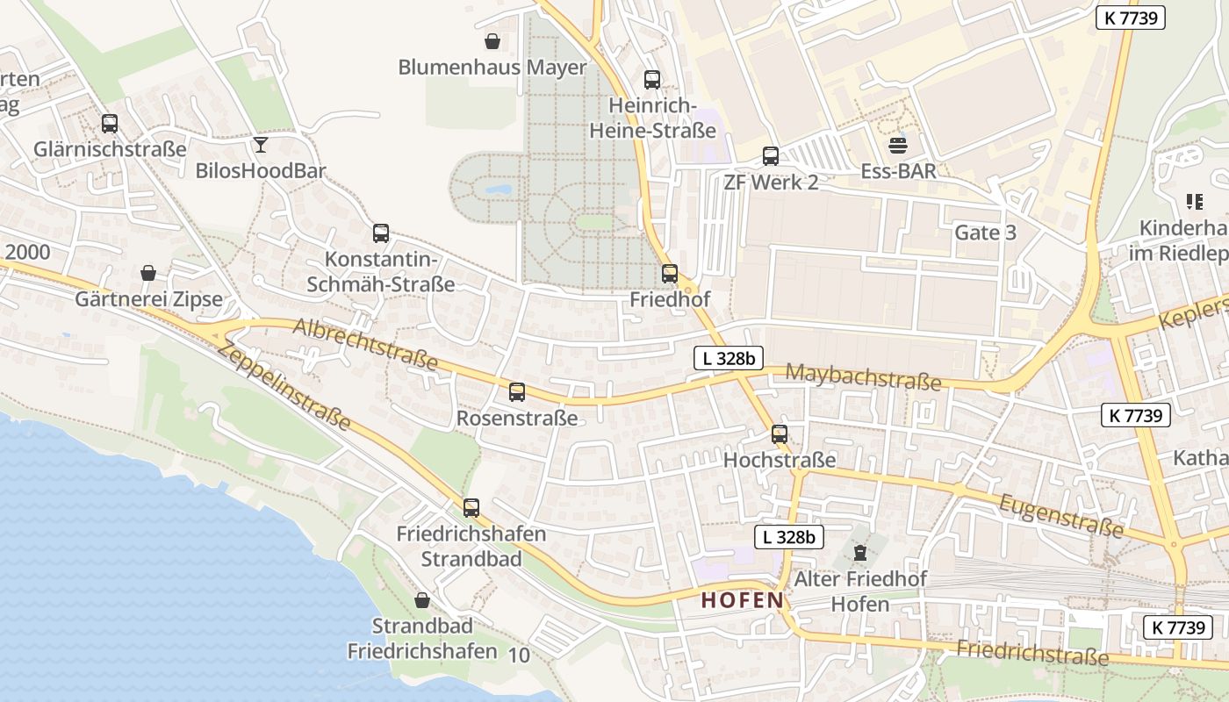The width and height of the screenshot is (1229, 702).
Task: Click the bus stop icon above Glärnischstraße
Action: [x=110, y=124]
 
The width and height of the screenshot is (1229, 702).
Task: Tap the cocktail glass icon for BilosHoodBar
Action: [x=261, y=144]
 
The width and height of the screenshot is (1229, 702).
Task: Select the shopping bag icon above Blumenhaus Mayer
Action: [x=492, y=41]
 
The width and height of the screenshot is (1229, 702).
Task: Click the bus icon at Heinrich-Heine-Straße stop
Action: [x=652, y=80]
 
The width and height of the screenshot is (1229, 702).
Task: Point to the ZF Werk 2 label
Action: [x=771, y=182]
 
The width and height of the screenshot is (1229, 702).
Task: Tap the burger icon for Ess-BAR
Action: [x=897, y=145]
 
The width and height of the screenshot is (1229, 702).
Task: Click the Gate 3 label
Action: [x=985, y=233]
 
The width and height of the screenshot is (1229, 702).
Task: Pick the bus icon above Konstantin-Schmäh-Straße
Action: [x=381, y=233]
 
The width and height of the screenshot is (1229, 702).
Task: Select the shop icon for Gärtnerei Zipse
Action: [x=148, y=273]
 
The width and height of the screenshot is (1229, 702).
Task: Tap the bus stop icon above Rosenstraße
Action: [x=517, y=392]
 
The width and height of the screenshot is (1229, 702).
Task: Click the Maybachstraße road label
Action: [x=863, y=376]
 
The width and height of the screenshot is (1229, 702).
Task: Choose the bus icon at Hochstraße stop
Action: [x=780, y=433]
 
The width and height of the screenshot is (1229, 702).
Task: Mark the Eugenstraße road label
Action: [x=1060, y=515]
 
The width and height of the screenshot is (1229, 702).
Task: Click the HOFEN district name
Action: [x=742, y=600]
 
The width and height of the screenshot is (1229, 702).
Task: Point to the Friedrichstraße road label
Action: [x=1032, y=653]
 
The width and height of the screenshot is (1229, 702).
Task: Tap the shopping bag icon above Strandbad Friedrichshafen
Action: [x=422, y=600]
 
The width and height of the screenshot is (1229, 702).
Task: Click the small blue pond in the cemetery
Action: [x=497, y=189]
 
